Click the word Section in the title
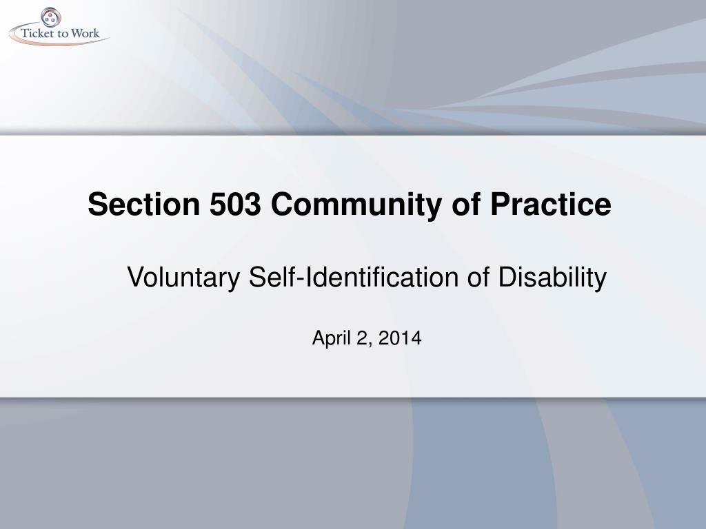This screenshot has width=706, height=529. click(x=143, y=204)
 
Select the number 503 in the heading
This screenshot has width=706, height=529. click(x=235, y=204)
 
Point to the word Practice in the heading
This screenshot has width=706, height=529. click(x=551, y=204)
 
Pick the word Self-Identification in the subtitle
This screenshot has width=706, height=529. click(x=354, y=277)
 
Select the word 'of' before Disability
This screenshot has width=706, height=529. click(x=478, y=277)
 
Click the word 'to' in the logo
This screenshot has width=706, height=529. click(x=63, y=34)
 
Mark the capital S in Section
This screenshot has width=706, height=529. click(x=98, y=204)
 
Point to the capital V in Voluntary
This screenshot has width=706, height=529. click(x=136, y=277)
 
